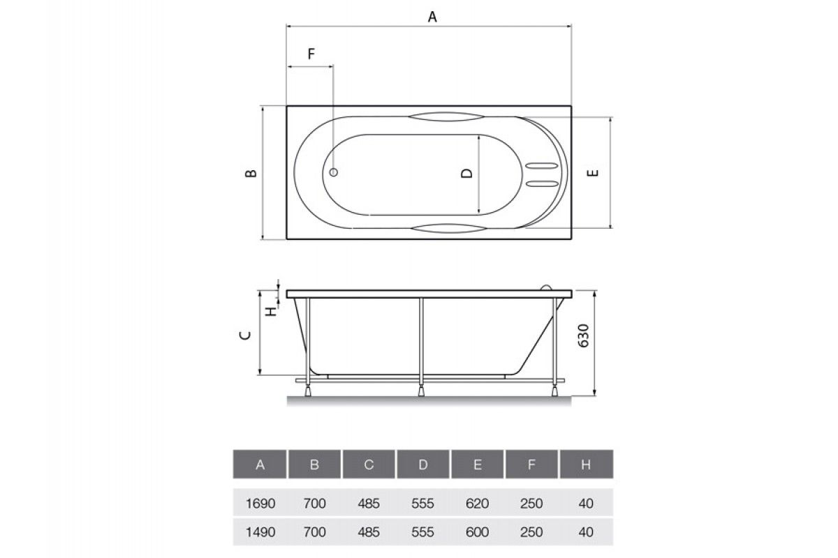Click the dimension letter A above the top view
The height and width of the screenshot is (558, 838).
click(x=432, y=17)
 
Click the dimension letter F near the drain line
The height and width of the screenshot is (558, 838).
click(x=311, y=54)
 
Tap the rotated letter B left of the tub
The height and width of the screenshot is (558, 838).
click(x=251, y=173)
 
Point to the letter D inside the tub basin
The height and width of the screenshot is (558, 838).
click(x=466, y=173)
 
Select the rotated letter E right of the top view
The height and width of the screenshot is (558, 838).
click(x=593, y=173)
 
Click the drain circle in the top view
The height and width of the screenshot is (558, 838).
click(x=334, y=172)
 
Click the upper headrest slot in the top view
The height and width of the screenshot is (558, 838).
click(x=542, y=165)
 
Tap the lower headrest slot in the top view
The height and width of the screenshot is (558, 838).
click(x=542, y=183)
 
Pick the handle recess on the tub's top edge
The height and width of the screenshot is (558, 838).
click(x=446, y=116)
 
